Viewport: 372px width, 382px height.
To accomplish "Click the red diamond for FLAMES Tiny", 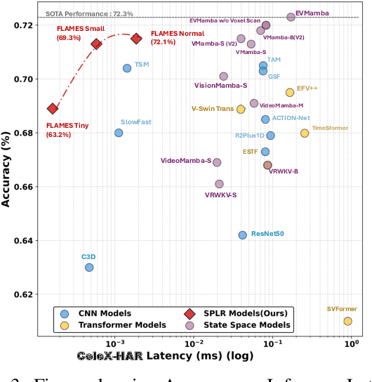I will pos(53,108).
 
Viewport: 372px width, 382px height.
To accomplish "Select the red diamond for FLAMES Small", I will pos(97,44).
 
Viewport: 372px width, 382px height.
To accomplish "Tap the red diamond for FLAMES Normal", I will pos(137,39).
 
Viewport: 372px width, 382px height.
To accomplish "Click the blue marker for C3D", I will pos(89,267).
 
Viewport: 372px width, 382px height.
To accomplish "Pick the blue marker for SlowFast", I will pos(119,133).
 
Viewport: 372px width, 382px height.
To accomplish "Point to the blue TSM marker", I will pos(127,68).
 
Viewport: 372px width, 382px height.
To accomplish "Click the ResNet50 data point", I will pos(243,235).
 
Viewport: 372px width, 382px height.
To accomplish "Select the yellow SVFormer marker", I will pos(347,321).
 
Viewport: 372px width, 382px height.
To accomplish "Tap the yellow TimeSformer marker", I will pos(305,133).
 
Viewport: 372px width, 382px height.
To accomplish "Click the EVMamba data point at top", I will pos(291,17).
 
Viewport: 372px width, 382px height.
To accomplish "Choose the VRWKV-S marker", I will pos(219,184).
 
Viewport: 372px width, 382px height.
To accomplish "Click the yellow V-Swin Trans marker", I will pos(241,109).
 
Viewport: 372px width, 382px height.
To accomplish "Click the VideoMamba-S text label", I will pos(186,161).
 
